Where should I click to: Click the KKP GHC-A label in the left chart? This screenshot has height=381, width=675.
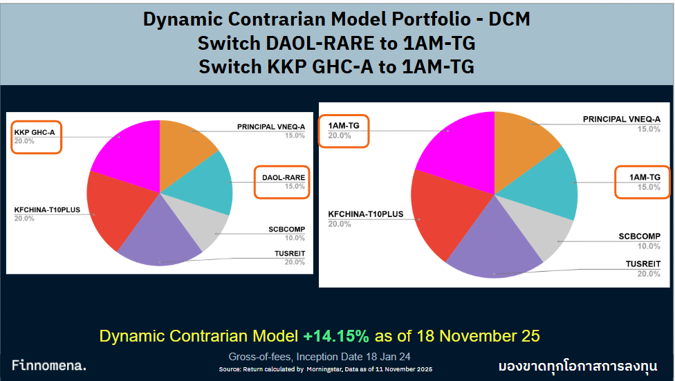click(37, 136)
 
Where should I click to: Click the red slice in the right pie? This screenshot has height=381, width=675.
click(443, 214)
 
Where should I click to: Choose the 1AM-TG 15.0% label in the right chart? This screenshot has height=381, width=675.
click(642, 183)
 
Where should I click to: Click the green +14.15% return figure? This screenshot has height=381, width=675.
click(336, 337)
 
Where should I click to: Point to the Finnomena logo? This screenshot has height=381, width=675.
click(49, 366)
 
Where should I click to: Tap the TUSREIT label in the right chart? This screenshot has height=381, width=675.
click(642, 269)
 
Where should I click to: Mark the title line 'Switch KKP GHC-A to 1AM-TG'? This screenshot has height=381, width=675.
click(336, 67)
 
